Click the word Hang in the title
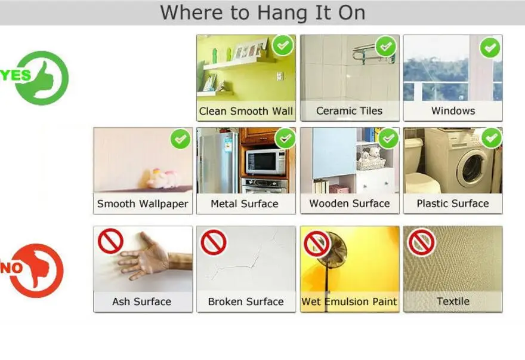click(282, 13)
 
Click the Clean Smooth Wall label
click(246, 111)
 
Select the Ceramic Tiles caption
click(349, 111)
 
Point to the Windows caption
click(453, 111)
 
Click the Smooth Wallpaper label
click(143, 204)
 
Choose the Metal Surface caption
click(245, 204)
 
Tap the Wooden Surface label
click(350, 204)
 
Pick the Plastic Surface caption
click(453, 204)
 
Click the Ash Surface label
click(141, 301)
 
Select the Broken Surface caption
click(246, 301)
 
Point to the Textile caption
click(453, 301)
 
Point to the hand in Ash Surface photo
click(149, 257)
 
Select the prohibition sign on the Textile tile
click(421, 242)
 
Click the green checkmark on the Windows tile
click(490, 48)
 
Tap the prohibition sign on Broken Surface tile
click(214, 242)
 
